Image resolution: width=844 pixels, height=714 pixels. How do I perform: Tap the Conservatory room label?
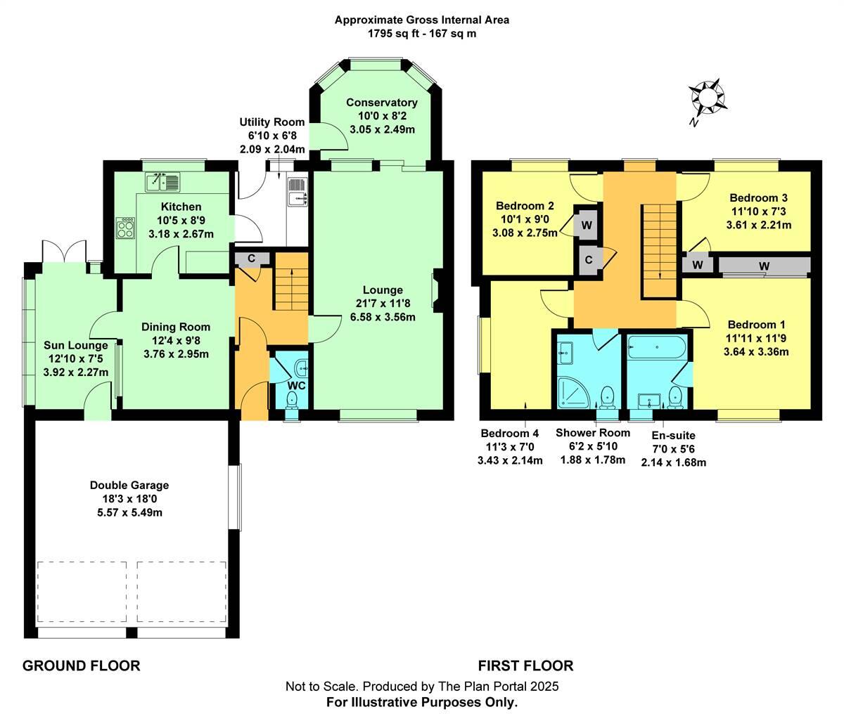pos(382,103)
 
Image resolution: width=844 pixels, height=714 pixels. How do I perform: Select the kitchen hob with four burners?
pos(125,228)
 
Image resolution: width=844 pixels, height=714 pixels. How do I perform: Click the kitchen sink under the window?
pos(162,182)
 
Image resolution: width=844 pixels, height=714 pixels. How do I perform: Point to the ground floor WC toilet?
pos(292,400)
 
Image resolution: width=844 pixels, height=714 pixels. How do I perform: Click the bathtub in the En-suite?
pos(657,347)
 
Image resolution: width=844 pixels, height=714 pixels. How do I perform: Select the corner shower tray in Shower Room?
pos(574,393)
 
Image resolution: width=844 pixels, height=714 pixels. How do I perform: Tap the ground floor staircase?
pos(291,282)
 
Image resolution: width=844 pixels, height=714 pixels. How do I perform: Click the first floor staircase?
pos(660,251)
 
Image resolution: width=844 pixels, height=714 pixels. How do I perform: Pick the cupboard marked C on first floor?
pos(589,260)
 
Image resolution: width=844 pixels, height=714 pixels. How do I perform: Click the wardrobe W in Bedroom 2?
pos(587,225)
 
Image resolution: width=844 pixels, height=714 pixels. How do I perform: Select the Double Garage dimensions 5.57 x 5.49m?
pos(130,512)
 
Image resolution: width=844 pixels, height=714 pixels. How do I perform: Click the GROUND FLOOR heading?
pos(82,666)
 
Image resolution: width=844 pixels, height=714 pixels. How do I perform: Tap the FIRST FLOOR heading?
pos(526,666)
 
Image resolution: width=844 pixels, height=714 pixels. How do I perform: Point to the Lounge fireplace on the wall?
pos(437,290)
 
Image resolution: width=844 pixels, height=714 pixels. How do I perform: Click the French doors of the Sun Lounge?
pos(65,252)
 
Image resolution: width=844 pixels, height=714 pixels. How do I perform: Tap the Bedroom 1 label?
pos(756,325)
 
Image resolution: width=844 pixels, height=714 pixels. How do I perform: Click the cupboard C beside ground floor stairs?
pos(251,259)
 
